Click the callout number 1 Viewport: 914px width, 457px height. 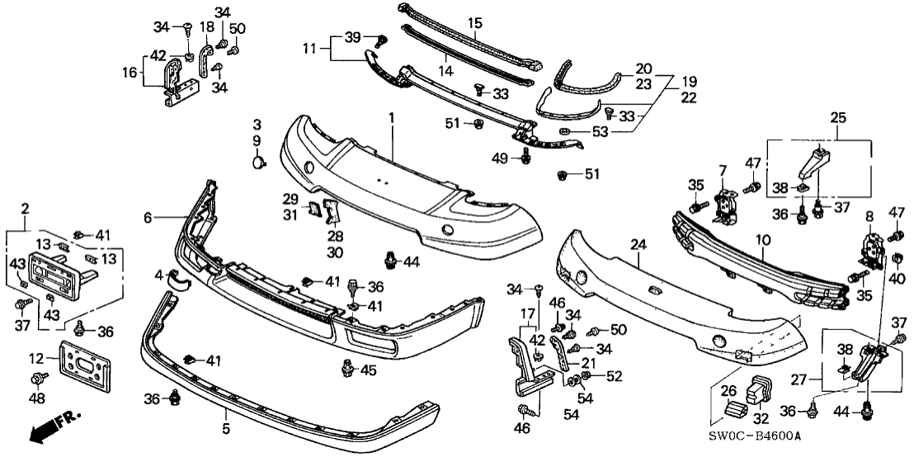(x=393, y=120)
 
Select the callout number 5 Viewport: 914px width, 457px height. (x=226, y=430)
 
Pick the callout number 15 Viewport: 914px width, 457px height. (x=473, y=22)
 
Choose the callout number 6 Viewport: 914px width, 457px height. (x=148, y=218)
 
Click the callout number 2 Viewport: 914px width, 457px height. (x=25, y=207)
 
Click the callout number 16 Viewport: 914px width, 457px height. (x=130, y=73)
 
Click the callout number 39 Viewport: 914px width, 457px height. (x=353, y=39)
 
